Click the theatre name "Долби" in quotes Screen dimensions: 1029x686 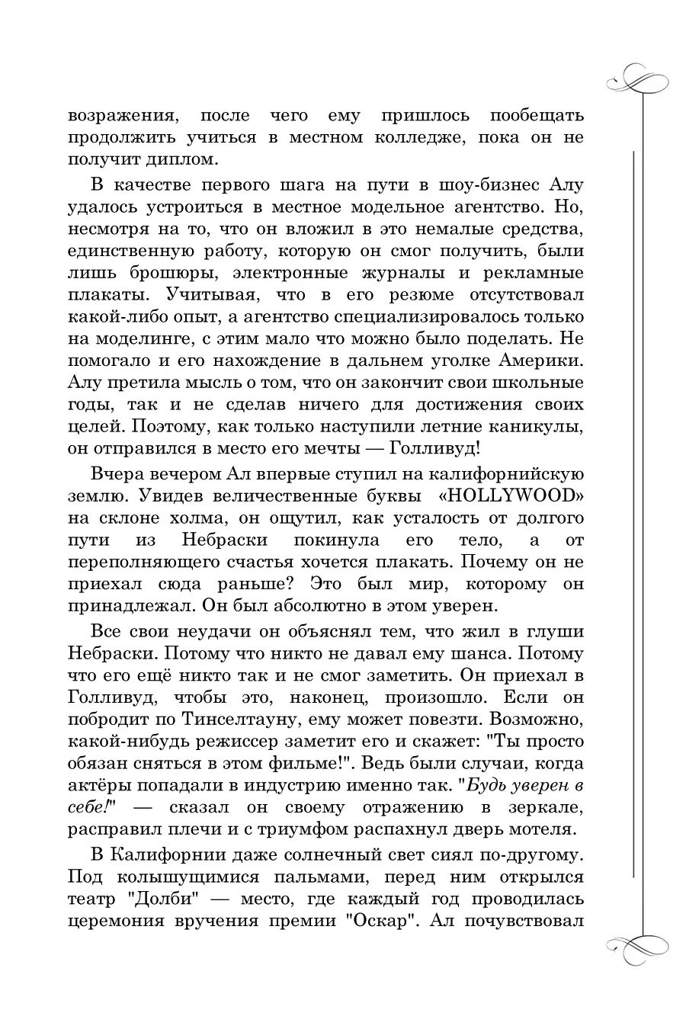[173, 899]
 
